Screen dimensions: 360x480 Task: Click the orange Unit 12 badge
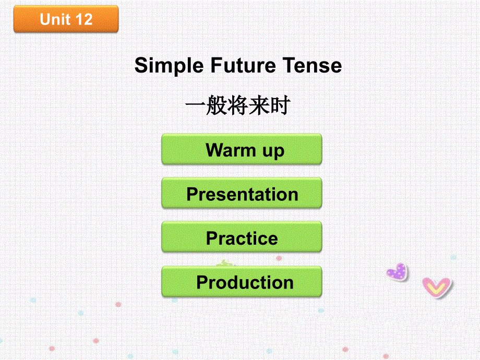coord(66,19)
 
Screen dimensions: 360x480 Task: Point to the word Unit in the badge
coord(55,20)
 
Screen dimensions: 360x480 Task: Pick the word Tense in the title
coord(312,66)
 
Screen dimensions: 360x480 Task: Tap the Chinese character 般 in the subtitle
coord(217,107)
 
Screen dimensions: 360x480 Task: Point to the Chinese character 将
coord(238,107)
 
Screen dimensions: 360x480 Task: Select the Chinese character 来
coord(259,107)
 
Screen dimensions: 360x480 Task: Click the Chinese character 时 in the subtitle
coord(281,107)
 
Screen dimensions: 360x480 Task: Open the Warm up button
coord(242,150)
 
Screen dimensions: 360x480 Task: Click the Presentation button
coord(242,194)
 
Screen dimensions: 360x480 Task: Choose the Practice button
coord(242,238)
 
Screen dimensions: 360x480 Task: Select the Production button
coord(242,282)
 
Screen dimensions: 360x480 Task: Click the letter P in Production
coord(202,282)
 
